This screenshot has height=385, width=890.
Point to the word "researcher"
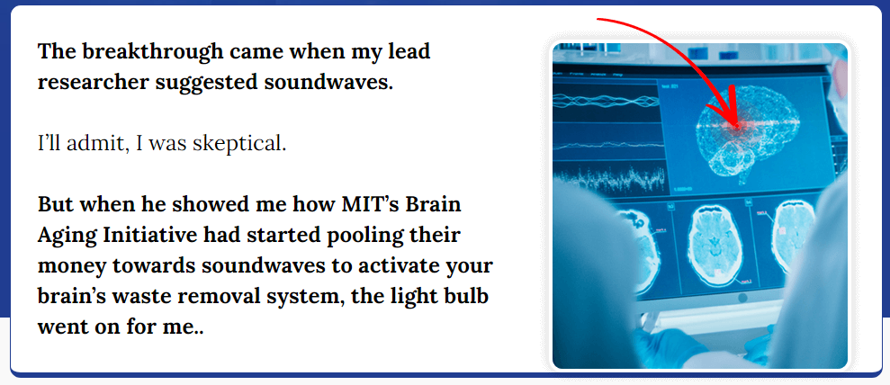[x=91, y=83]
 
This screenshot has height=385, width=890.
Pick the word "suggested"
[x=207, y=83]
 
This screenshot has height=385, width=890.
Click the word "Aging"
[x=59, y=236]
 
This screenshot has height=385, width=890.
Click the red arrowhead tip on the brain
[x=737, y=126]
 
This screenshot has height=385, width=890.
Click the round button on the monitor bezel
[x=742, y=299]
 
